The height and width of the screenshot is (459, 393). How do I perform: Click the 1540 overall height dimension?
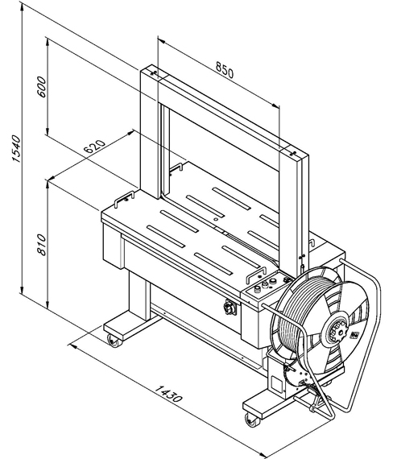pos(16,149)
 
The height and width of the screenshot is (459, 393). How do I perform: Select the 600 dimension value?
pos(42,87)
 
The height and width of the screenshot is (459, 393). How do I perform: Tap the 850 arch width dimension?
pos(225,70)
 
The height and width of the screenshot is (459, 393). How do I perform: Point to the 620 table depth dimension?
pos(94,147)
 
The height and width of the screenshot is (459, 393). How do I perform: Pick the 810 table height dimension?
pos(42,245)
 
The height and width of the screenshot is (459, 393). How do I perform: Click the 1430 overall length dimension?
pos(168,393)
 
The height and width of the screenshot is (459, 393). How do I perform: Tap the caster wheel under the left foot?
pos(114,341)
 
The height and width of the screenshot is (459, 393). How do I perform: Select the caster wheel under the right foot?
pos(252,420)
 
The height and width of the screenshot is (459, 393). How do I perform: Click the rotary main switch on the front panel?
pos(230,308)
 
